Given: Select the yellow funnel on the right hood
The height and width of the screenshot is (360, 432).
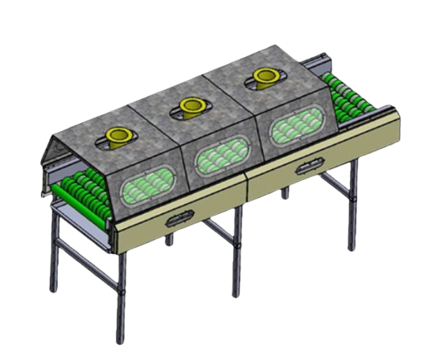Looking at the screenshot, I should click(x=263, y=77).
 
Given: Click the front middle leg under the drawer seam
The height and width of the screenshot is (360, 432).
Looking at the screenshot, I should click(x=235, y=253).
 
